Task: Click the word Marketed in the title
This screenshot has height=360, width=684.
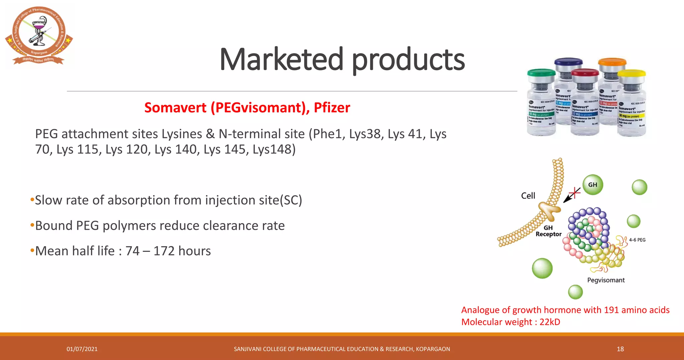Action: pyautogui.click(x=281, y=59)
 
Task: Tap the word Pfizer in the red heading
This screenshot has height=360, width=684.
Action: pyautogui.click(x=332, y=108)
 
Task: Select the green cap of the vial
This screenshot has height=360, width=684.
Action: pyautogui.click(x=541, y=72)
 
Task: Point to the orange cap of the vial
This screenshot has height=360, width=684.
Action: pyautogui.click(x=612, y=62)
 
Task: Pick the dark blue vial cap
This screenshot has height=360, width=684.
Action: pyautogui.click(x=568, y=62)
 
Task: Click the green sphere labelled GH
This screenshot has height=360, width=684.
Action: pyautogui.click(x=592, y=185)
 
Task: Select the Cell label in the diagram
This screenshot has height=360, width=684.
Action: pyautogui.click(x=528, y=196)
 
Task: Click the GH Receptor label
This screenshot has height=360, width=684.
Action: pyautogui.click(x=548, y=231)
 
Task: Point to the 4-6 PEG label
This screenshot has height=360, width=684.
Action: pyautogui.click(x=637, y=240)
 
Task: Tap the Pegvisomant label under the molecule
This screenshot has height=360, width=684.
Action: pyautogui.click(x=606, y=280)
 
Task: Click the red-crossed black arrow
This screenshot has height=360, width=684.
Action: pyautogui.click(x=571, y=195)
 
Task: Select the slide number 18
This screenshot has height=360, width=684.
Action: pyautogui.click(x=620, y=349)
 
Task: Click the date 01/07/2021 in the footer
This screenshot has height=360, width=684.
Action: pyautogui.click(x=82, y=349)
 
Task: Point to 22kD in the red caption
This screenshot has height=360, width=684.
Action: pyautogui.click(x=550, y=322)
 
